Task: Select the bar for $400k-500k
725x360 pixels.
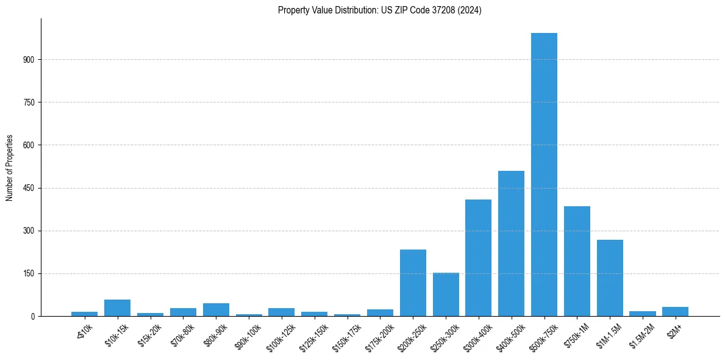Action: tap(511, 243)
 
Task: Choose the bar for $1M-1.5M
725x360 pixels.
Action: tap(610, 278)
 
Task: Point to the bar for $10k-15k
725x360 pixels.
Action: tap(117, 308)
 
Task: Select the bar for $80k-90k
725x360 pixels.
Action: tap(216, 309)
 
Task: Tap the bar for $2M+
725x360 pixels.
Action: tap(675, 311)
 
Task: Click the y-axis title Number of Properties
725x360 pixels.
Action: tap(9, 167)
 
